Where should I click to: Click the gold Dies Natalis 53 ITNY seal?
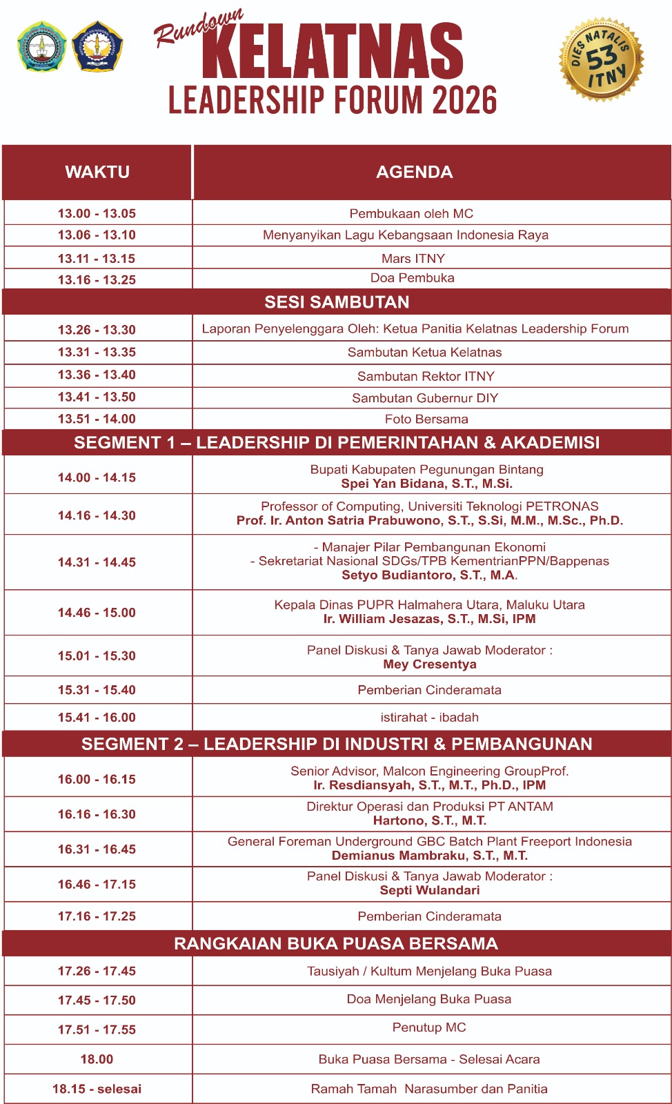click(x=601, y=59)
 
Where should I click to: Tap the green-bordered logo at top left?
click(x=42, y=47)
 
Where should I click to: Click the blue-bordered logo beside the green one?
click(x=97, y=47)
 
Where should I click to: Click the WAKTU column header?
click(x=97, y=172)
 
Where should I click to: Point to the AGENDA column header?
click(x=414, y=172)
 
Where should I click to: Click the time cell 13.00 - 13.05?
click(x=97, y=213)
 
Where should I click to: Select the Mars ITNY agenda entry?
click(x=413, y=258)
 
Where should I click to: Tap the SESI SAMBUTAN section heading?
click(x=337, y=302)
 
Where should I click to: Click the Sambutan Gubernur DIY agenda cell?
click(x=424, y=397)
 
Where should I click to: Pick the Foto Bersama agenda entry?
click(x=426, y=419)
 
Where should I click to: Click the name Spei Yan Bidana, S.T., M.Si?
click(x=426, y=484)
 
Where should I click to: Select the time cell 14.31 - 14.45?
click(x=97, y=562)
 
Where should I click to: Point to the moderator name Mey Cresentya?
click(x=429, y=664)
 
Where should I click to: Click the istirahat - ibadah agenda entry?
click(x=429, y=717)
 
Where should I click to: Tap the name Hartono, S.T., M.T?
click(x=429, y=820)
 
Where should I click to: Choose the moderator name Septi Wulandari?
click(x=429, y=890)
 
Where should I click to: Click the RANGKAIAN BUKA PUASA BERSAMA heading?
click(x=335, y=943)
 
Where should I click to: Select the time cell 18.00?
click(x=97, y=1059)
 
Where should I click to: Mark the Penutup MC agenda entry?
click(x=428, y=1027)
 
